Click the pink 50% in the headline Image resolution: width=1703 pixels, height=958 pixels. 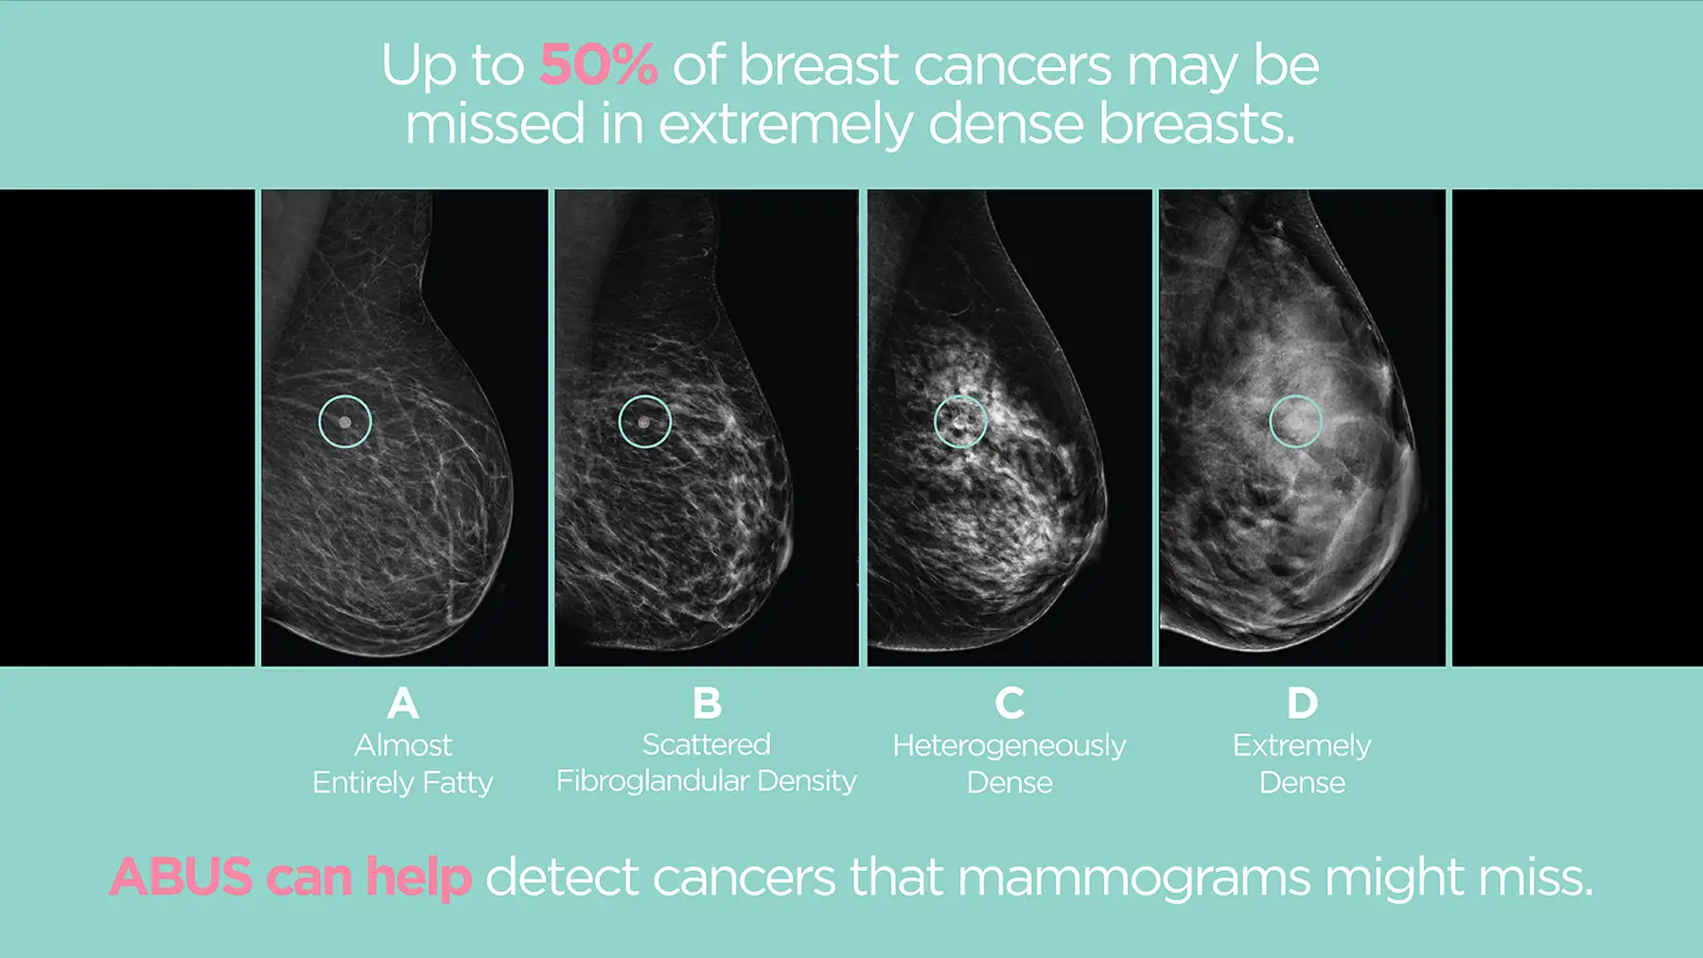(598, 65)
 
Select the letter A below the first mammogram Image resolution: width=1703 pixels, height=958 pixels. (403, 704)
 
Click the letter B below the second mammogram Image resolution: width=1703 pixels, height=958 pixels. (707, 704)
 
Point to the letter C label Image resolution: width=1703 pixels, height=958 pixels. (1010, 704)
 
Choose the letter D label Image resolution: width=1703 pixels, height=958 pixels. (1302, 704)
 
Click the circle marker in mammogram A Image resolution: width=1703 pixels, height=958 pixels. (345, 422)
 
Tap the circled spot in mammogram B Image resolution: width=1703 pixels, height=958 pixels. (645, 422)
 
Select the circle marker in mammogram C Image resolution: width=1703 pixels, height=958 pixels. (960, 422)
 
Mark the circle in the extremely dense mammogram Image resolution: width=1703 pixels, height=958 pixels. (1295, 422)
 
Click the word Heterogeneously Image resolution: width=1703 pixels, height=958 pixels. (1010, 746)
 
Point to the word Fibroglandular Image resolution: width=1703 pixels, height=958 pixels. (652, 781)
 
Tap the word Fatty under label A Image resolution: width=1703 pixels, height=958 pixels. (458, 783)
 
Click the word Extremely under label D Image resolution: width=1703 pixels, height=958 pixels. (1302, 746)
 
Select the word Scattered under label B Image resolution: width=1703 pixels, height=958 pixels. (707, 744)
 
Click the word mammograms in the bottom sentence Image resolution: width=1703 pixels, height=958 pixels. (1134, 879)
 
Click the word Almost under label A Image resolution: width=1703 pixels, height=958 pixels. (403, 745)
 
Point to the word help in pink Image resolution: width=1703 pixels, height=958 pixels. (418, 877)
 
